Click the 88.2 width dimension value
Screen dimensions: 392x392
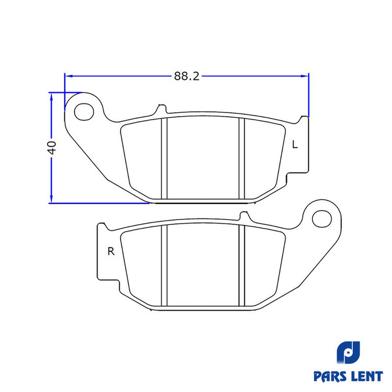coord(187,76)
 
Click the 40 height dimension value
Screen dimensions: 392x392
coord(52,148)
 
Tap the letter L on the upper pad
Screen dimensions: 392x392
coord(295,144)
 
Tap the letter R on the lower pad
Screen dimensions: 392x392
coord(111,251)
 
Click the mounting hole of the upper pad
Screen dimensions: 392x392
coord(84,111)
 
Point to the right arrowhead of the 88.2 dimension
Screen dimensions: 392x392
coord(305,76)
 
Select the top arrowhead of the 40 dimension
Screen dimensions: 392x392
coord(52,97)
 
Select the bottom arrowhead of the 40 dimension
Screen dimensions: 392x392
coord(52,199)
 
